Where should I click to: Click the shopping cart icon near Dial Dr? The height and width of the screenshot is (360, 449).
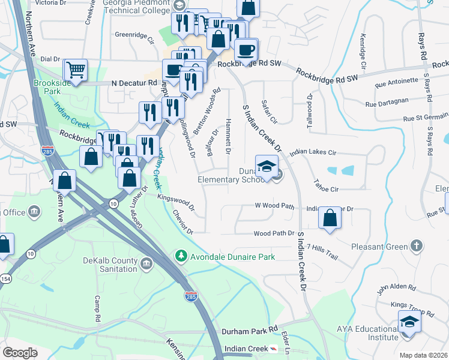pyautogui.click(x=75, y=70)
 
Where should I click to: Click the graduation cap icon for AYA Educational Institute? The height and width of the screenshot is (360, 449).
pyautogui.click(x=409, y=322)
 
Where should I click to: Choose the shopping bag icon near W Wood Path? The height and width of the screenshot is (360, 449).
pyautogui.click(x=330, y=218)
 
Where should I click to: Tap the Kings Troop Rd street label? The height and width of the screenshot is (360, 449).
pyautogui.click(x=412, y=305)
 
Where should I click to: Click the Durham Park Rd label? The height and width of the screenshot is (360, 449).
pyautogui.click(x=250, y=331)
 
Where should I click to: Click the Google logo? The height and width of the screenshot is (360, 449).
pyautogui.click(x=20, y=352)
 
